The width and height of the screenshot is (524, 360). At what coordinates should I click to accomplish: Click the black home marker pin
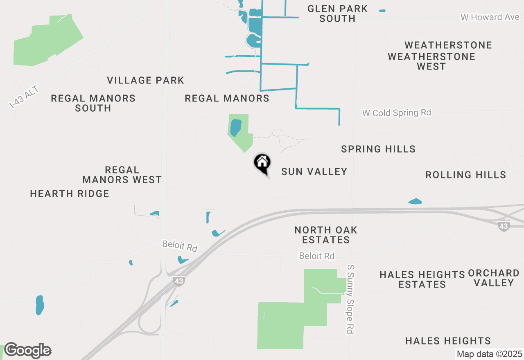[x=262, y=163]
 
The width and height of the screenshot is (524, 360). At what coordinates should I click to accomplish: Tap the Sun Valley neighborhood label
[x=314, y=171]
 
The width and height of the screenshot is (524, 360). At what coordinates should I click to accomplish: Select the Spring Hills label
[x=378, y=149]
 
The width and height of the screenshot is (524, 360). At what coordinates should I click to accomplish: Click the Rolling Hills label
[x=465, y=175]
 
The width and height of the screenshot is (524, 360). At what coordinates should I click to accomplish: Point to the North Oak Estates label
[x=326, y=235]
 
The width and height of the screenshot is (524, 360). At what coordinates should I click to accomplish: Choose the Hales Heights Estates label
[x=422, y=279]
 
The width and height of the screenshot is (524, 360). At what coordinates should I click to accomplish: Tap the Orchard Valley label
[x=494, y=277]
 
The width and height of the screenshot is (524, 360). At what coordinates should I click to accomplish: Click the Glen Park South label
[x=337, y=13]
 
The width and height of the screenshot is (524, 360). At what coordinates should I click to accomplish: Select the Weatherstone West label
[x=431, y=61]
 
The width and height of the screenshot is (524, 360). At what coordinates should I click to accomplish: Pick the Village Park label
[x=146, y=80]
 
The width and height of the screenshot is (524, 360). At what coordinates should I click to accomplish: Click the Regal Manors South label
[x=93, y=103]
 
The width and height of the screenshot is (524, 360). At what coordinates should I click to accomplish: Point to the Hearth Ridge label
[x=70, y=193]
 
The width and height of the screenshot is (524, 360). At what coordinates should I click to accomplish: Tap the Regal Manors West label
[x=122, y=175]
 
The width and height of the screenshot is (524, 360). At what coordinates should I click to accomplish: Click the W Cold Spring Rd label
[x=397, y=112]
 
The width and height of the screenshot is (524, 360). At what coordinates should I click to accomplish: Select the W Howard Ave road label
[x=490, y=17]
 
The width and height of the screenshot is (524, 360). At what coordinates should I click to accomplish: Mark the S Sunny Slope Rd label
[x=350, y=299]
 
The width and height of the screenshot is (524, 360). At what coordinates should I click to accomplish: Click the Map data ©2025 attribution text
[x=489, y=354]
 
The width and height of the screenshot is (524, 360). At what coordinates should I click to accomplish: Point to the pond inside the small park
[x=235, y=128]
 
